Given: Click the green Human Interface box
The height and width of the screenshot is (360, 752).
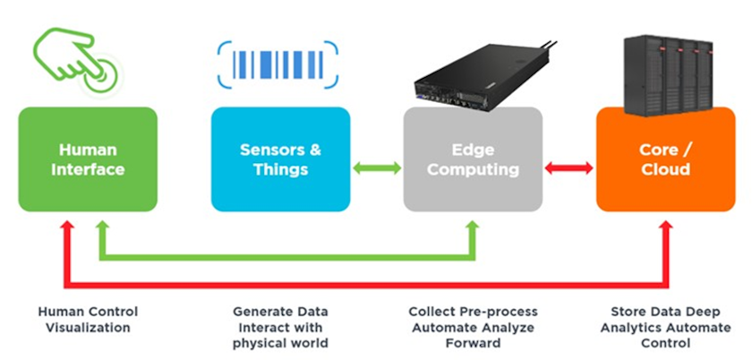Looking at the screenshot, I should pos(88,159).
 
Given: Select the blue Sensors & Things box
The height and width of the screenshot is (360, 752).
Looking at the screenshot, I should pos(279,159).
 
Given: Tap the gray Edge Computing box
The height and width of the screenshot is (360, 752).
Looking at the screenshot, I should pos(473,159).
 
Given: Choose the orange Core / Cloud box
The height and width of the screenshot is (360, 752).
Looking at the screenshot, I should pos(664,159).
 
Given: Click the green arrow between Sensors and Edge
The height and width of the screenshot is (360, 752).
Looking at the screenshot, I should pos(376,167).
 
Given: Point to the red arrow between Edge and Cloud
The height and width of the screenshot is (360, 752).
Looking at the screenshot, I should pos(568,167).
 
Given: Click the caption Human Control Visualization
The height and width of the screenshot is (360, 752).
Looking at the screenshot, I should pos(88,320).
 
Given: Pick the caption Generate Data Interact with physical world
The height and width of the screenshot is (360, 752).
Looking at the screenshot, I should pos(280,327).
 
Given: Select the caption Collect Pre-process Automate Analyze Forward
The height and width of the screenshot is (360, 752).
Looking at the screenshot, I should pos(474,327).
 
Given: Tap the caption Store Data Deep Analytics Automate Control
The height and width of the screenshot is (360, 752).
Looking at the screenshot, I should pos(664,327).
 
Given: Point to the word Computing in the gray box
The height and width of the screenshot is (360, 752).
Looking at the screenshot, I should pos(473,169).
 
